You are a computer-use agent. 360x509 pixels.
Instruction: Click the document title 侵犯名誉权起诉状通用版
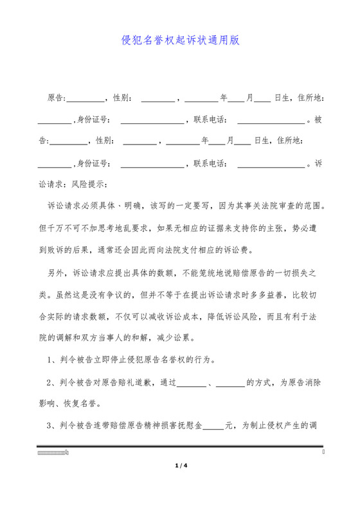point(180,40)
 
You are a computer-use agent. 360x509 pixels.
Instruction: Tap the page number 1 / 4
point(180,465)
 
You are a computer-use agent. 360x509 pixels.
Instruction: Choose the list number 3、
point(53,426)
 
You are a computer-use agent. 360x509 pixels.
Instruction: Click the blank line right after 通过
point(190,384)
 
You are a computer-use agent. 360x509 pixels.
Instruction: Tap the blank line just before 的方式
point(230,384)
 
